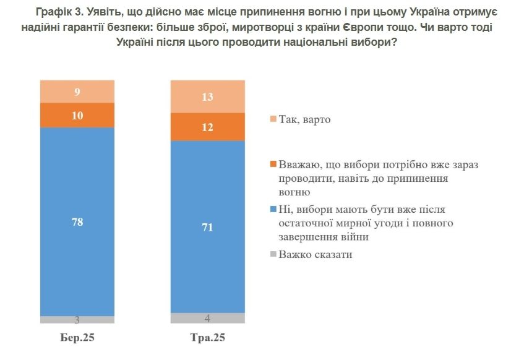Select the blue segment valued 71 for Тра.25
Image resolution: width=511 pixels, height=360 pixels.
tap(208, 260)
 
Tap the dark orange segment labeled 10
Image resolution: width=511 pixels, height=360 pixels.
tap(77, 115)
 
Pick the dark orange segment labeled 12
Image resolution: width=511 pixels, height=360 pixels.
tap(208, 127)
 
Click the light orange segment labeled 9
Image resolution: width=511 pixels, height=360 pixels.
tap(77, 92)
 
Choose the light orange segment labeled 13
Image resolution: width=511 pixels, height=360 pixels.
tap(208, 96)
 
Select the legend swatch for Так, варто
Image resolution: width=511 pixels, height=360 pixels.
tap(273, 119)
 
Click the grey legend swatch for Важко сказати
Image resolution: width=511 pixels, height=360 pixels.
tap(273, 254)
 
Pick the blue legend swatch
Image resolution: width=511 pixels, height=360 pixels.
tap(273, 210)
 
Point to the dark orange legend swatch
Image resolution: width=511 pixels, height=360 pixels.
tap(273, 165)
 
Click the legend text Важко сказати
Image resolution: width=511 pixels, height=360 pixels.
tap(315, 254)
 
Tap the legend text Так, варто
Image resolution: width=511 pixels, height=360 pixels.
tap(304, 119)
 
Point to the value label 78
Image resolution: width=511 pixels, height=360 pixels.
tap(77, 221)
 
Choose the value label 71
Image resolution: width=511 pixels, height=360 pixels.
tap(208, 228)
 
